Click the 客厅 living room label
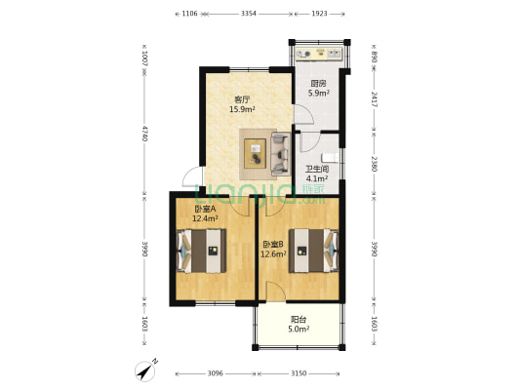[242, 99]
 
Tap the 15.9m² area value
[242, 109]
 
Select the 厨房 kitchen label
[318, 83]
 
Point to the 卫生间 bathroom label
[317, 169]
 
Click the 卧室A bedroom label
[205, 209]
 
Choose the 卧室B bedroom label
[273, 245]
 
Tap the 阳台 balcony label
[299, 320]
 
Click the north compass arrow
[146, 370]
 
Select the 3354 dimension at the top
[249, 14]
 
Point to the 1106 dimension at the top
[189, 14]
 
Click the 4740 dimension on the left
[144, 134]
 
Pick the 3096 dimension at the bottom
[216, 373]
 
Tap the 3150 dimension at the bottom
[299, 373]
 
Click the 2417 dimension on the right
[374, 99]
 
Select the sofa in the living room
[281, 154]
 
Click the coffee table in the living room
[255, 153]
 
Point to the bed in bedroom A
[201, 251]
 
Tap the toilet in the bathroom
[331, 158]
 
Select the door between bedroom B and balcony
[275, 292]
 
